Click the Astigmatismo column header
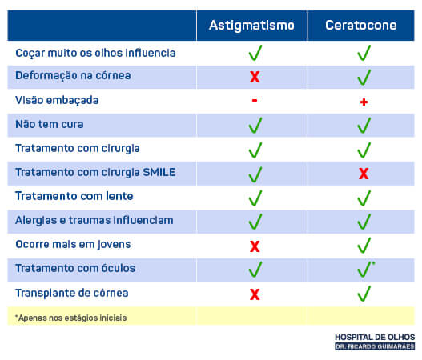(x=251, y=26)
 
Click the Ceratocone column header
(x=361, y=26)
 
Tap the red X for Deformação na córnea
(x=255, y=77)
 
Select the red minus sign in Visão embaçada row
(x=255, y=101)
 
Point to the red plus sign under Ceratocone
(x=364, y=102)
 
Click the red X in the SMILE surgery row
(x=364, y=174)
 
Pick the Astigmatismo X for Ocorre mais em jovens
(x=255, y=246)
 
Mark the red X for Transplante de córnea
(x=255, y=294)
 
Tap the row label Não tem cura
(x=50, y=125)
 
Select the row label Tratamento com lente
(x=74, y=196)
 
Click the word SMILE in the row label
(x=159, y=172)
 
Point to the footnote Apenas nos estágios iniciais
(x=70, y=318)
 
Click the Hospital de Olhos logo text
(x=375, y=337)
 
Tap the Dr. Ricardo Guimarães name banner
(x=375, y=346)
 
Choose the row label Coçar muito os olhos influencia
(x=95, y=53)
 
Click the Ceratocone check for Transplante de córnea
(x=364, y=294)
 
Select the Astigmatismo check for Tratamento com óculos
(x=255, y=270)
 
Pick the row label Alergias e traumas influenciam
(x=94, y=220)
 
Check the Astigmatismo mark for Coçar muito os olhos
(x=255, y=53)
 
